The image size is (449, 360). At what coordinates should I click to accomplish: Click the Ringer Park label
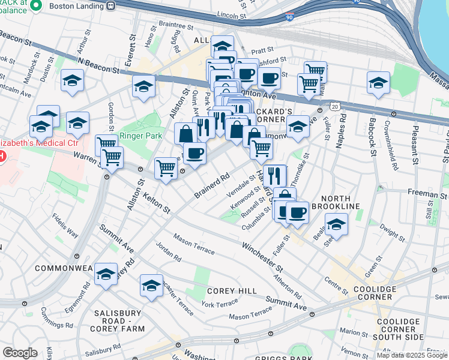coord(137,135)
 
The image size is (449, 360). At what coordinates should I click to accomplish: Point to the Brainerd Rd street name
coord(212,186)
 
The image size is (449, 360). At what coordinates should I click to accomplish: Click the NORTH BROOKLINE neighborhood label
coord(340,202)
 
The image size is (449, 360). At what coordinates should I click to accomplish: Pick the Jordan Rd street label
coord(169,253)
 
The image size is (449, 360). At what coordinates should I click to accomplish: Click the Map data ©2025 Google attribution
coord(412,355)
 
